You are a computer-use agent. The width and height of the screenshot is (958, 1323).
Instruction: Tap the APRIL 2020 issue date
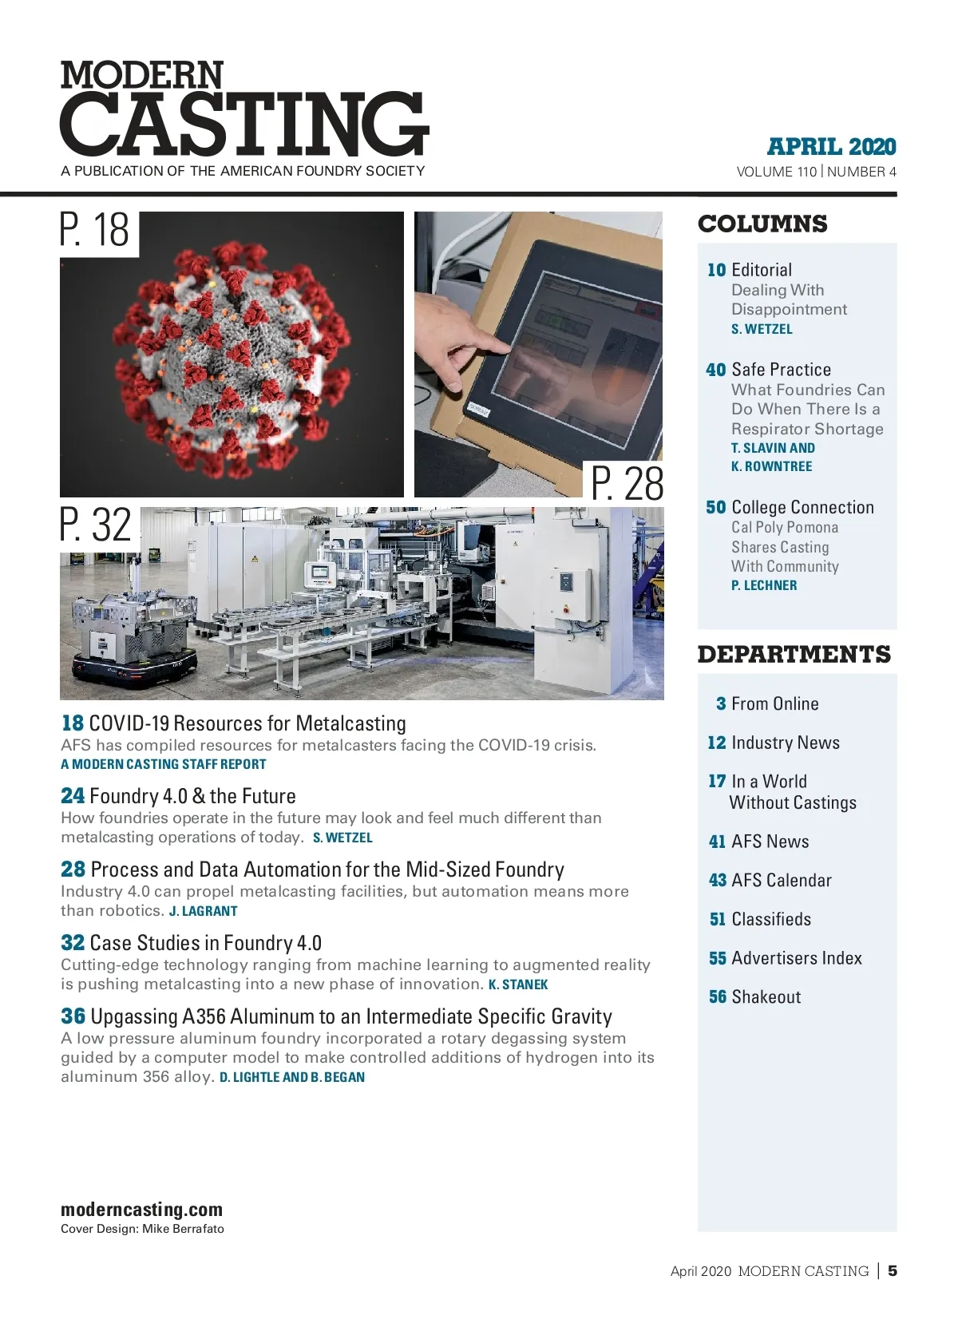[831, 147]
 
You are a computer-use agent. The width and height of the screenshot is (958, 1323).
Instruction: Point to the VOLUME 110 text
[776, 172]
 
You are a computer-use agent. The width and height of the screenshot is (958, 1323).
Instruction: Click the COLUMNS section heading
[762, 224]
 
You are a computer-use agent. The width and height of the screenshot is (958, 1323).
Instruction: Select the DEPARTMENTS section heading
[794, 655]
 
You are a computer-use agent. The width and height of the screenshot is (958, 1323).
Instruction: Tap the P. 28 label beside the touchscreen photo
[627, 484]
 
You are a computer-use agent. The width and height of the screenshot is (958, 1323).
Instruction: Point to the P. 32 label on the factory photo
[97, 525]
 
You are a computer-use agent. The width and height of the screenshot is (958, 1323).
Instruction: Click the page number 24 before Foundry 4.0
[73, 796]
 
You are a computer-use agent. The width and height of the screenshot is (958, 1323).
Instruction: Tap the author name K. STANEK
[518, 985]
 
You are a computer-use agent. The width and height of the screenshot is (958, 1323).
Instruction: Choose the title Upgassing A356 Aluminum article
[351, 1016]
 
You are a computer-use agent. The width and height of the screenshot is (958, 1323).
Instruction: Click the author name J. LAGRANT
[204, 912]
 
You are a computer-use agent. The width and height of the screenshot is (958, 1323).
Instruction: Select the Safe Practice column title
[781, 370]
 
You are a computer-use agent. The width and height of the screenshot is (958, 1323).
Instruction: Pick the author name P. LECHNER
[764, 586]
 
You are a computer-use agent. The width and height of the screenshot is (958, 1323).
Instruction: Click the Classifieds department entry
[770, 920]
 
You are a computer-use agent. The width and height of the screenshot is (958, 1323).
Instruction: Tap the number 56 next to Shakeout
[718, 997]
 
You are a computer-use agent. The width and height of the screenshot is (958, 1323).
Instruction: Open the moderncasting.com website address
[141, 1210]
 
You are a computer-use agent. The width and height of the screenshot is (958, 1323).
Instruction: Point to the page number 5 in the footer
[893, 1271]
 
